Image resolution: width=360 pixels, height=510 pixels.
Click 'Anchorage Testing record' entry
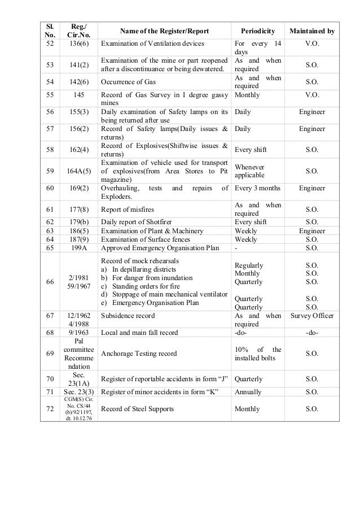tap(138, 354)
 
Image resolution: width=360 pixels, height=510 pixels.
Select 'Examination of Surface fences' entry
tap(148, 239)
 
